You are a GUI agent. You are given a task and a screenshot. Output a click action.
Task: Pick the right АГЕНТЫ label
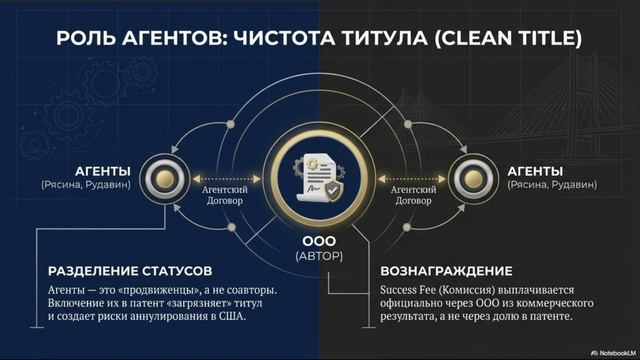tap(534, 171)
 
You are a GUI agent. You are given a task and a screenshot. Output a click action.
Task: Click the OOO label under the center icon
tap(319, 242)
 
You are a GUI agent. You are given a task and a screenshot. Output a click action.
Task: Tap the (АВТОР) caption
tap(319, 257)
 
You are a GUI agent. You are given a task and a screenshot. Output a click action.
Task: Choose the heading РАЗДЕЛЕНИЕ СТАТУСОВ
tap(129, 271)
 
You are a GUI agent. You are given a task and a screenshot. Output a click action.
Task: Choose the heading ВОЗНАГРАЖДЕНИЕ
tap(447, 271)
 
